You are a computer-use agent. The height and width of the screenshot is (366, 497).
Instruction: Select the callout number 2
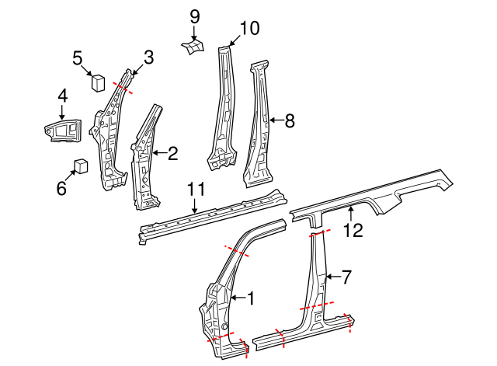[x=172, y=154]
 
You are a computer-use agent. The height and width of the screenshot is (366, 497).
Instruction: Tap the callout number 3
[x=148, y=57]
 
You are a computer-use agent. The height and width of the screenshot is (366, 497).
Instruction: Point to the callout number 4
[x=62, y=96]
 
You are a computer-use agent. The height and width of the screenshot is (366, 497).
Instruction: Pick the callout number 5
[x=78, y=57]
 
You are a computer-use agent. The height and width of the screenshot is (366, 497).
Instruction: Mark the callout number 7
[x=346, y=275]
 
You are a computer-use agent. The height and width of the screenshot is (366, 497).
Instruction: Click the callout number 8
[x=289, y=120]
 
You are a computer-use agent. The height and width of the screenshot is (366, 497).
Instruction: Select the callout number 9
[x=194, y=16]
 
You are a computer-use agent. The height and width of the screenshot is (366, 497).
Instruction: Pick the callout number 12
[x=353, y=229]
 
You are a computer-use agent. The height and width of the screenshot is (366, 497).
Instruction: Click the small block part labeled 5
[x=99, y=79]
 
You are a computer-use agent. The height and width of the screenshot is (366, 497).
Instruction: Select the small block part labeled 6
[x=80, y=165]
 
